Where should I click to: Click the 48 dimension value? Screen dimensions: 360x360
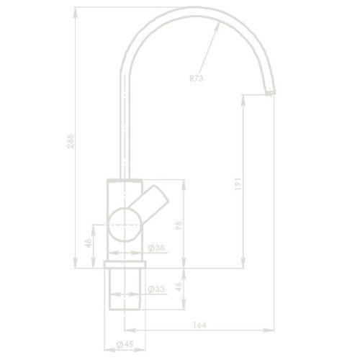pos(89,244)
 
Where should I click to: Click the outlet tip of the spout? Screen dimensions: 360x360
pos(270,92)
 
